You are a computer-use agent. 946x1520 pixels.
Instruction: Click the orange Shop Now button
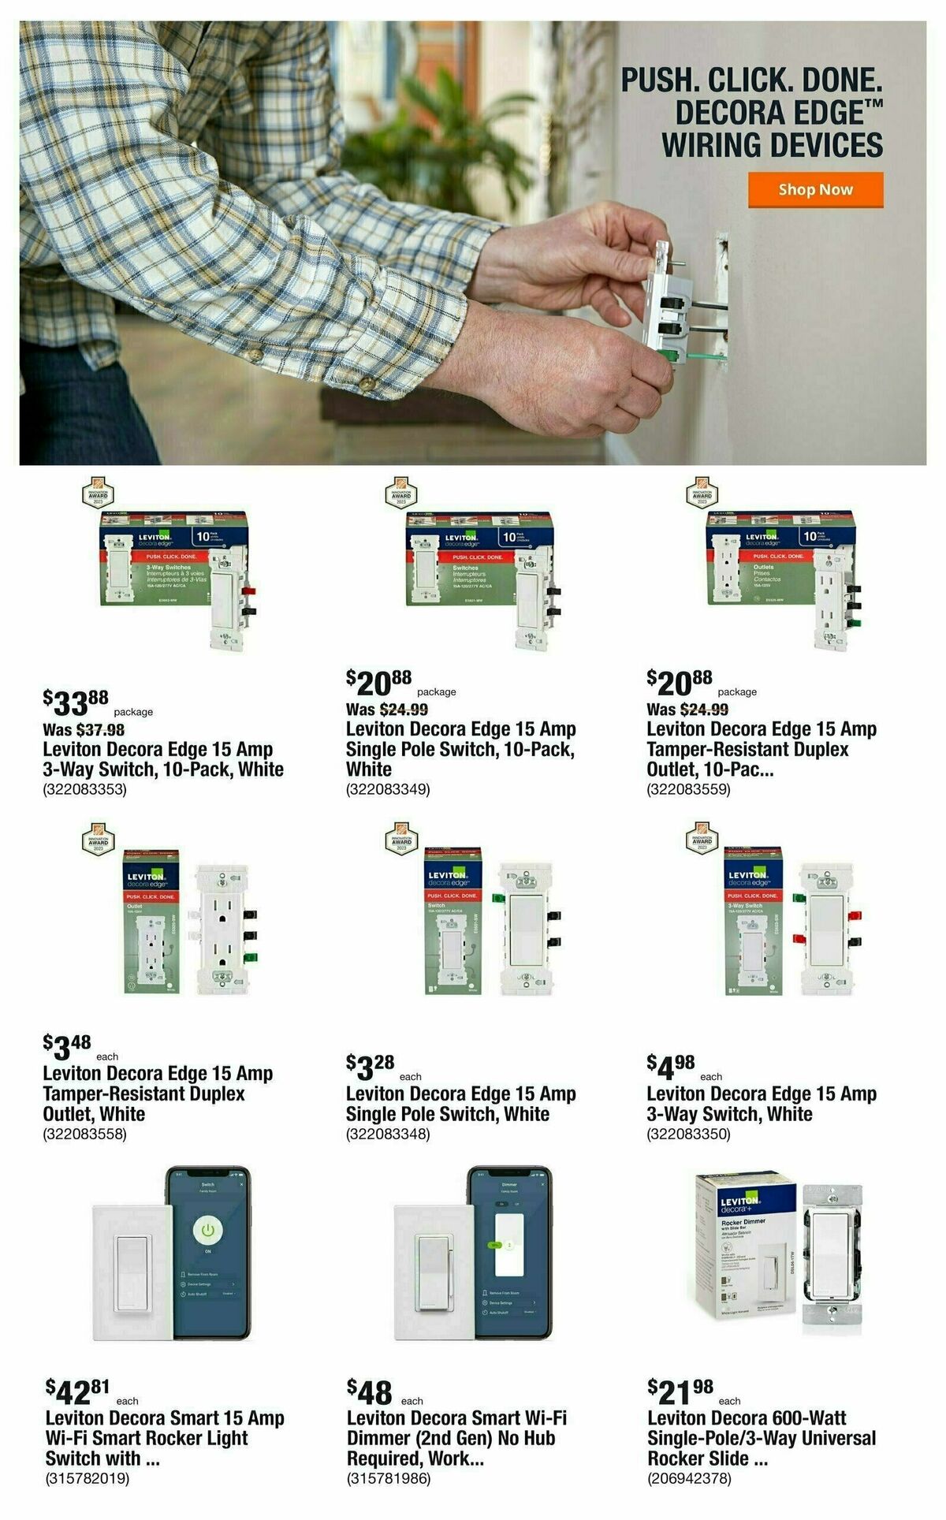pos(815,190)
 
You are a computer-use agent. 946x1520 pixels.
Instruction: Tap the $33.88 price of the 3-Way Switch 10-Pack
pos(76,701)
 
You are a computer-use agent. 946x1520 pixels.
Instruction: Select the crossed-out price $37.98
pos(100,730)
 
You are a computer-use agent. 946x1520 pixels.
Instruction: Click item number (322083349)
pos(388,789)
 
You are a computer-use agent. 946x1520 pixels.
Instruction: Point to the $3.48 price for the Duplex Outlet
pos(68,1047)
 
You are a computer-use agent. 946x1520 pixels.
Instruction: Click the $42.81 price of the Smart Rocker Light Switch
pos(78,1391)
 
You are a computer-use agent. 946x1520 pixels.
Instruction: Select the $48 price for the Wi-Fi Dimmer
pos(370,1392)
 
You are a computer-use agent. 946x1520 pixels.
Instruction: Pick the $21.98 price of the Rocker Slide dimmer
pos(680,1391)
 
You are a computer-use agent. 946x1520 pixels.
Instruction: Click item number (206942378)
pos(689,1479)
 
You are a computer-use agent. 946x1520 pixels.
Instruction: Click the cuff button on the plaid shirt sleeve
pos(366,383)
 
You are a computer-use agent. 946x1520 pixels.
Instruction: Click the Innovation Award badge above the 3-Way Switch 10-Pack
pos(98,495)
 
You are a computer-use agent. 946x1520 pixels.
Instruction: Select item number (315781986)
pos(389,1479)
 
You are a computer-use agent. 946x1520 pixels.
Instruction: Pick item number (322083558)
pos(84,1134)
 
